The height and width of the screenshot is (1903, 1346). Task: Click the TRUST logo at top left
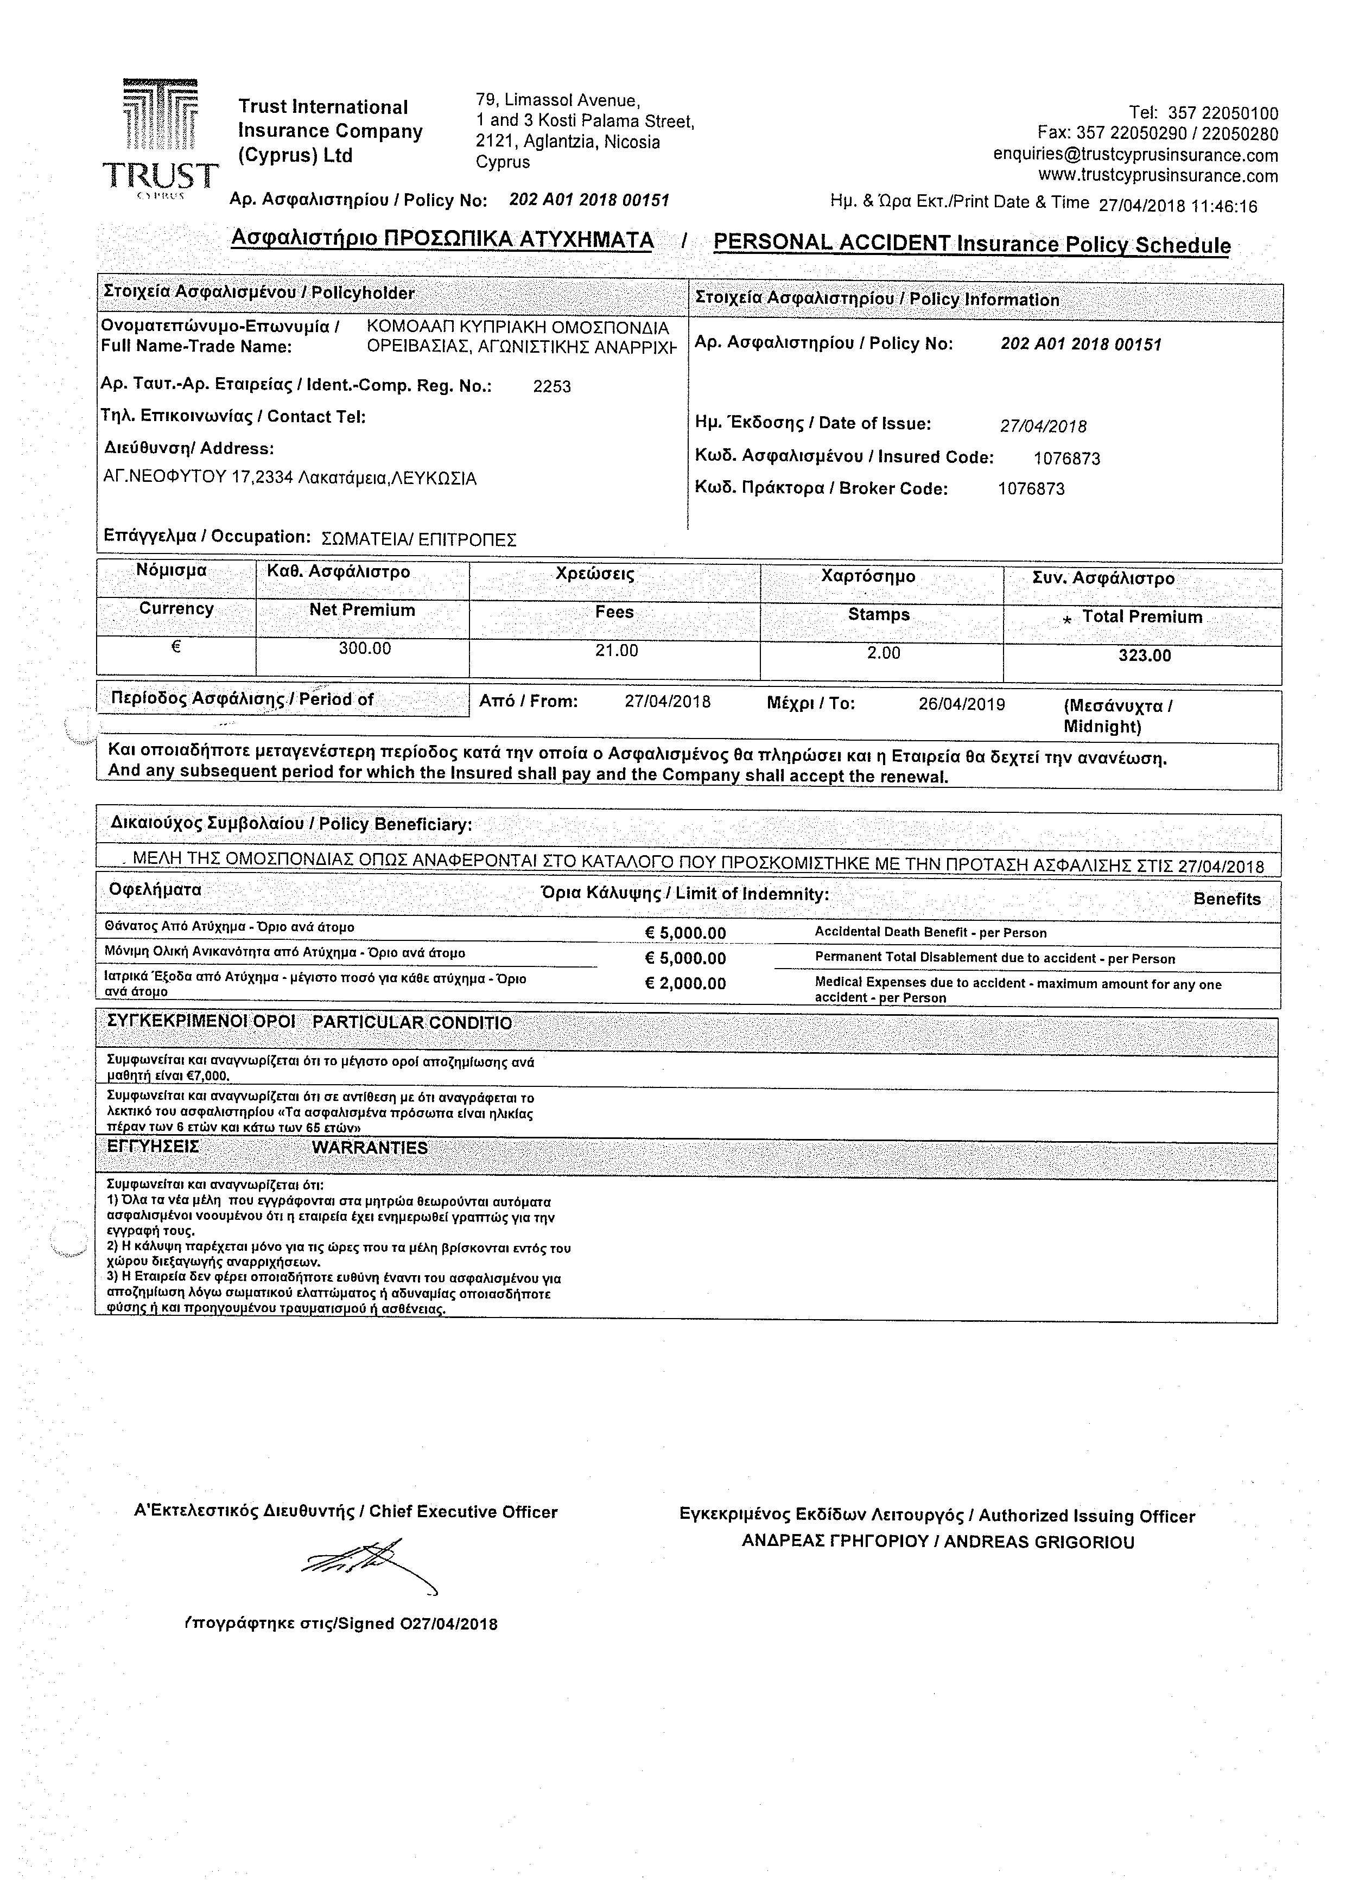pos(161,137)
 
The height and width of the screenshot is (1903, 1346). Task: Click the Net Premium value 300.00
pos(365,648)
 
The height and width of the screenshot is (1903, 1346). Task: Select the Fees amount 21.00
pos(617,651)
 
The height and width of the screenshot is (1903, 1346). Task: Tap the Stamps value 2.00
pos(884,653)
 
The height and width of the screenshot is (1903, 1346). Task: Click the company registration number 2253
pos(552,386)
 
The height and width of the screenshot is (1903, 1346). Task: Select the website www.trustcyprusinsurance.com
pos(1158,176)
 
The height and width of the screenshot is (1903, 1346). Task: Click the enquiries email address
pos(1135,155)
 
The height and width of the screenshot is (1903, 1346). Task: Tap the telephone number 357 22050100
pos(1222,113)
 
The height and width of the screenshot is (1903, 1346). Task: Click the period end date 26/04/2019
pos(961,704)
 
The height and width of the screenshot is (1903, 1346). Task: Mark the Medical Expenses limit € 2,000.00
pos(685,984)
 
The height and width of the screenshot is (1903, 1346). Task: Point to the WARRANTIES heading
pos(370,1148)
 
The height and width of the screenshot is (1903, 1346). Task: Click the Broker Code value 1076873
pos(1031,489)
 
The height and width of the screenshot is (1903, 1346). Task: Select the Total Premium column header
pos(1141,616)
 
